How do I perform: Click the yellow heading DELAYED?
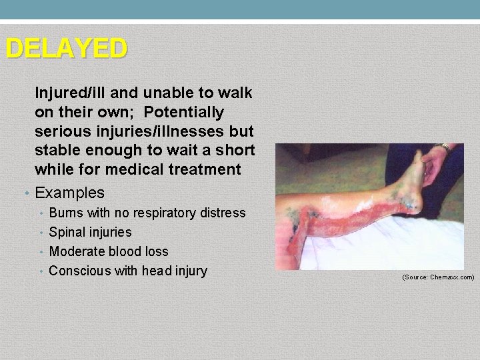65,49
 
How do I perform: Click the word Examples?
69,193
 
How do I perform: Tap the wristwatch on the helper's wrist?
443,148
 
